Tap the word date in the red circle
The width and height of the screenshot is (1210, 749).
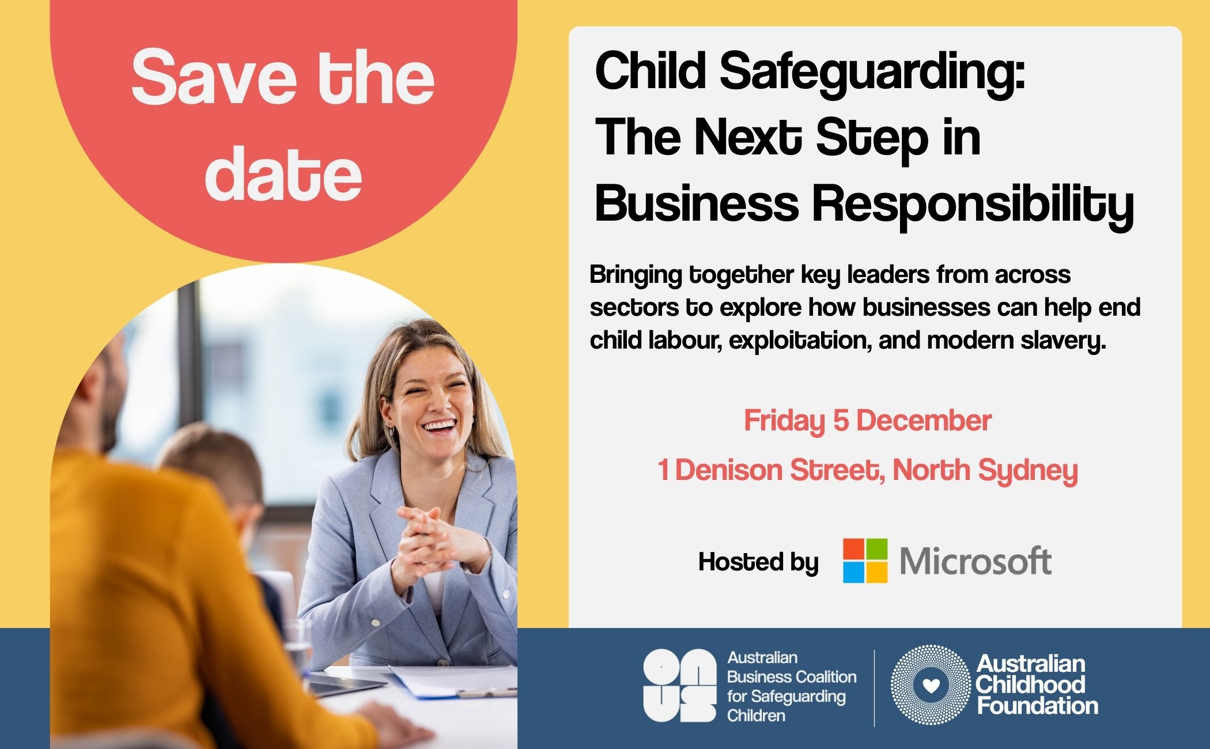tap(283, 172)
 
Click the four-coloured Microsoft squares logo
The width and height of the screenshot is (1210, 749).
tap(865, 561)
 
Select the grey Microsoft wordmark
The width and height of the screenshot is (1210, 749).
tap(975, 561)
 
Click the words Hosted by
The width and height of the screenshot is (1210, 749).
tap(758, 562)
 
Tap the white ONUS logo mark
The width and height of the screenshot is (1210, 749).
tap(679, 686)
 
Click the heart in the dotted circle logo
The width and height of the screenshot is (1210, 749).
tap(931, 685)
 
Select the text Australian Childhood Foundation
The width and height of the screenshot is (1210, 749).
tap(1037, 684)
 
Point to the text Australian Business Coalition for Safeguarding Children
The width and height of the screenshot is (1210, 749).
tap(792, 686)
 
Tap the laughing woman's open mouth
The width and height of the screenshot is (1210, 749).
tap(439, 427)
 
